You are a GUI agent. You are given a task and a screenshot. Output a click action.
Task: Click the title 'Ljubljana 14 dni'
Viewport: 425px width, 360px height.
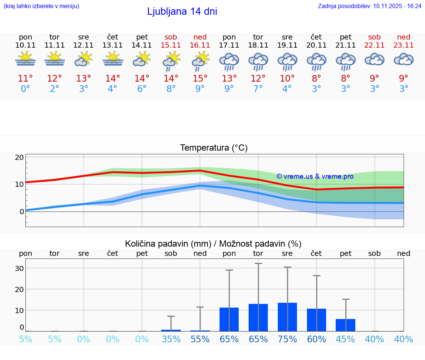point(182,11)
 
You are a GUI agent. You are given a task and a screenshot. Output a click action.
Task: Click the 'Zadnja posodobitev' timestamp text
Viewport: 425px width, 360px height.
point(369,6)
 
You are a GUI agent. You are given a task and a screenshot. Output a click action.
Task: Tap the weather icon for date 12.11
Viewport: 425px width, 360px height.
point(83,59)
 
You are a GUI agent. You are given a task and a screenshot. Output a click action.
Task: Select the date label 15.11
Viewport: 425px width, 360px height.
point(171,45)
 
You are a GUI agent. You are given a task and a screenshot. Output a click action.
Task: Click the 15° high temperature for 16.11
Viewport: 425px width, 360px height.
point(200,78)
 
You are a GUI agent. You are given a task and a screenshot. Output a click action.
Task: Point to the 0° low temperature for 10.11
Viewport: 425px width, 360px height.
point(25,89)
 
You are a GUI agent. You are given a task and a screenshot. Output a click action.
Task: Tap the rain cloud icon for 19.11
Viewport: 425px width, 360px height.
point(287,61)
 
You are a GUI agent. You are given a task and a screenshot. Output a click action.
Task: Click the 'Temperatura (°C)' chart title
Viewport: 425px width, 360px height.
point(214,148)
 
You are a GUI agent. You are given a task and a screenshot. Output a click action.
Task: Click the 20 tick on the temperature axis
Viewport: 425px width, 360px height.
point(19,157)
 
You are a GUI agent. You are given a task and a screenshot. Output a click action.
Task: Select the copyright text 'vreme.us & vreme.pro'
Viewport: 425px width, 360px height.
point(315,176)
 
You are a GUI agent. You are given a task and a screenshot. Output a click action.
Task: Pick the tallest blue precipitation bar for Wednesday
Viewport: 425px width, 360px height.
point(287,317)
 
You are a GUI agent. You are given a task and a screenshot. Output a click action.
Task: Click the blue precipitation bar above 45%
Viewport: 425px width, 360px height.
point(345,325)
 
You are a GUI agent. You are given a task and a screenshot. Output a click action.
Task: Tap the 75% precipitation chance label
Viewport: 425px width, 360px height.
point(287,339)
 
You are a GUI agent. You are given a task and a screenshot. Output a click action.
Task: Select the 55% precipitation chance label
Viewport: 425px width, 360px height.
point(200,339)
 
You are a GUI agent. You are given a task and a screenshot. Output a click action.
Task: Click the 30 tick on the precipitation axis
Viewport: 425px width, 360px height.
point(19,268)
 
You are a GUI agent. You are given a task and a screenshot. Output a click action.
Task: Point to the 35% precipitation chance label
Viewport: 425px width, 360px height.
point(171,339)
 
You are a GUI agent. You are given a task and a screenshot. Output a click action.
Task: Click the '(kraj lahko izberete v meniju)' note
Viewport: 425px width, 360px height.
point(41,6)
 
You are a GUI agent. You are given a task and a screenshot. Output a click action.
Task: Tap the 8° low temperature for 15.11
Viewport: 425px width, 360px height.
point(171,89)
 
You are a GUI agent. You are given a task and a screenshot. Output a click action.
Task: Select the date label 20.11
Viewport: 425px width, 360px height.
point(316,45)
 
